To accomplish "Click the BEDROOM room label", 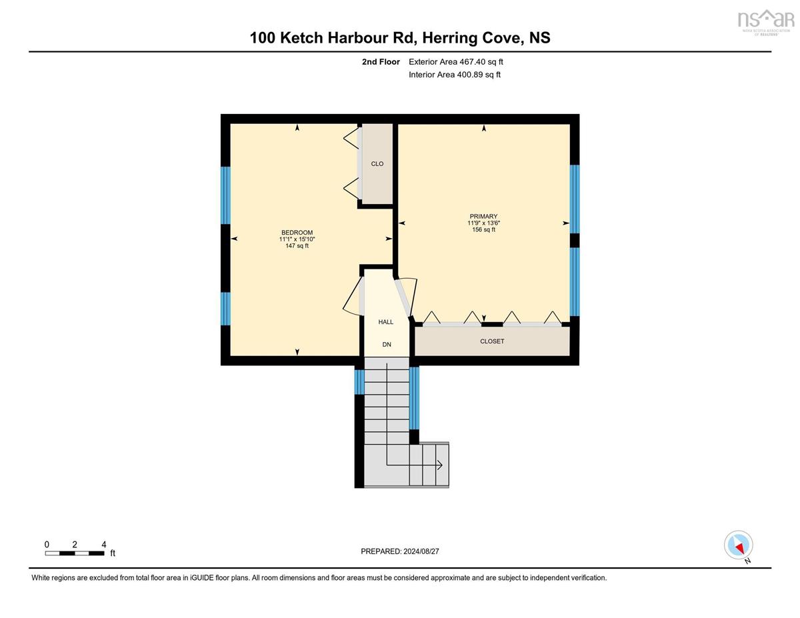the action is (297, 233).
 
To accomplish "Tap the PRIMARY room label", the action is (483, 217).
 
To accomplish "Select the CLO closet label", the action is (377, 164).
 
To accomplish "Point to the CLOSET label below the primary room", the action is (492, 341).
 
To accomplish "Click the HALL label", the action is (385, 322).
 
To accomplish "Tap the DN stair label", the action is (387, 345).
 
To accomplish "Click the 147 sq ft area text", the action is (297, 246).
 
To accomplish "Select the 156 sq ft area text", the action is (484, 230).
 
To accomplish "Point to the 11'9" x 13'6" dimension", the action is (484, 223).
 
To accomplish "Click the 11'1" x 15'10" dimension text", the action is (297, 239).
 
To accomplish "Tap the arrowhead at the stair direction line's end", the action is (439, 465).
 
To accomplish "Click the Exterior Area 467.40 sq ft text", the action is (456, 62).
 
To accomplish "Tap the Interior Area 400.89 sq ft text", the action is (455, 75).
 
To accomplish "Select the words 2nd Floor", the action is (381, 62).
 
